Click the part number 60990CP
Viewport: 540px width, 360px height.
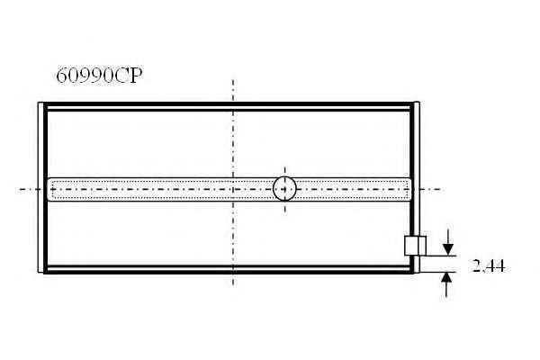tap(99, 76)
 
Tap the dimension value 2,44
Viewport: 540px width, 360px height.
tap(489, 266)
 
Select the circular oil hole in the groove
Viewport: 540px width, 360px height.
tap(284, 189)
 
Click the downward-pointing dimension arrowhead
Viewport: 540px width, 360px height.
tap(447, 249)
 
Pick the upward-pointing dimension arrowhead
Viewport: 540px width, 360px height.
tap(446, 278)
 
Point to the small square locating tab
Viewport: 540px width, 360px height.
tap(415, 246)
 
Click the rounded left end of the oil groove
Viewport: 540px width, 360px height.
tap(49, 189)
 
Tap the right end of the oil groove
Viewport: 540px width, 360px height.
tap(409, 189)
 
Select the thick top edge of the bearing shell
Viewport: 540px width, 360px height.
tap(229, 104)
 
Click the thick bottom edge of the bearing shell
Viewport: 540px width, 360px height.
tap(229, 272)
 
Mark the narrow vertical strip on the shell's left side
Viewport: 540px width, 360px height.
tap(40, 187)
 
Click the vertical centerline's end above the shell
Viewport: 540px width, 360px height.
tap(233, 81)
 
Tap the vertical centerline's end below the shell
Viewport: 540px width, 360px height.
tap(233, 284)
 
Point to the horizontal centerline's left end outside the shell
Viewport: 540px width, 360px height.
tap(20, 189)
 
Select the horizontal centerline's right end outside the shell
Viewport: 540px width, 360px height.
tap(440, 189)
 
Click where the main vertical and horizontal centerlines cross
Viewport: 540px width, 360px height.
tap(233, 189)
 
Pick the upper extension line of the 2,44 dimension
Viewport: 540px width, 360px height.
tap(440, 256)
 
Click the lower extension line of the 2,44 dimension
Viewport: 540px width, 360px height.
tap(438, 272)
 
